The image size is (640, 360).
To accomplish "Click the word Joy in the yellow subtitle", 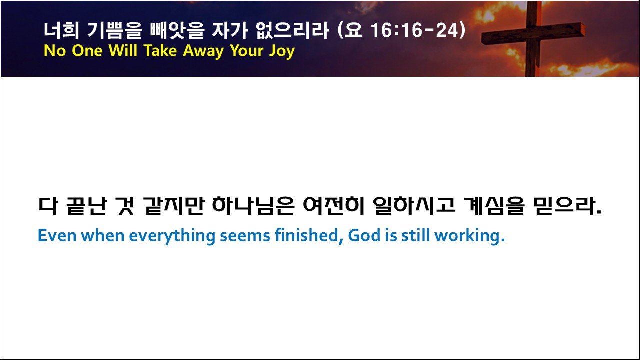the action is point(282,51).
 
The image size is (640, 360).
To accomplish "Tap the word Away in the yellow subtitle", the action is point(203,51).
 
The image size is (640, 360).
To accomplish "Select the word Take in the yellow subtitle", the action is point(160,51).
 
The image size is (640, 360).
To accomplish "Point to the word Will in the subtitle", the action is point(123,51).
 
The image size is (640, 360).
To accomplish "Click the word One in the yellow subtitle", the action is point(87,51).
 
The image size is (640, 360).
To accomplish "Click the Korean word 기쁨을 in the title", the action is point(114,30).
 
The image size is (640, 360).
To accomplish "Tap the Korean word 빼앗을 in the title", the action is point(177,30).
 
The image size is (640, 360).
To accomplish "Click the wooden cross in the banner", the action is point(532,38).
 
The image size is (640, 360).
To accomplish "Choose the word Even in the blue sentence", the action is point(57,236).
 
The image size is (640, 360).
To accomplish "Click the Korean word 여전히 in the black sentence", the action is point(334,206).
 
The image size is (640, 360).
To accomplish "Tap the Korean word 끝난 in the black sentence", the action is point(87,206).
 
